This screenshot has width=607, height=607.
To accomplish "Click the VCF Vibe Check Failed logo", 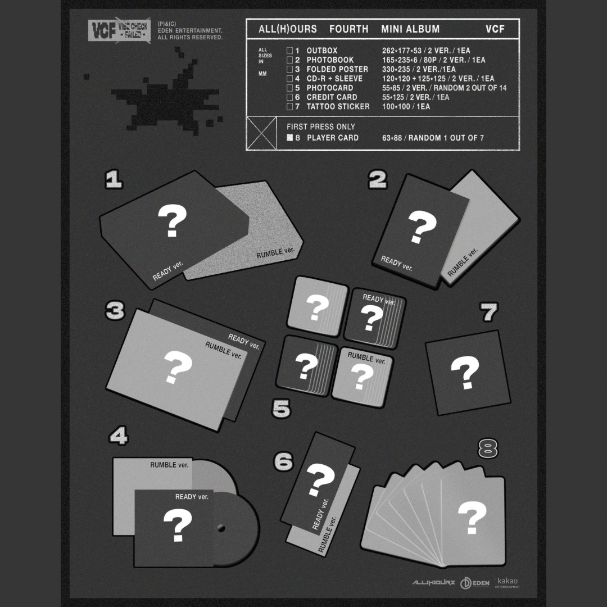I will [x=119, y=30].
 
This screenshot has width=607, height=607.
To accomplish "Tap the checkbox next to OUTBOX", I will [x=289, y=51].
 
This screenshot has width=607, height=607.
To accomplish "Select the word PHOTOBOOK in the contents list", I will [x=330, y=60].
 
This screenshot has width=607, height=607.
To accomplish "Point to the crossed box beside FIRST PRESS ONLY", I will [x=262, y=133].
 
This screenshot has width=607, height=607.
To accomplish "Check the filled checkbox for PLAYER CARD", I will [x=289, y=138].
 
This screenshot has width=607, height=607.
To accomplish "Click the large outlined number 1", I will [x=114, y=180].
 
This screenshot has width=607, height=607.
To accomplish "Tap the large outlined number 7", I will [x=490, y=312].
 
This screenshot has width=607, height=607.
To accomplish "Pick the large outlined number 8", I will [x=488, y=449].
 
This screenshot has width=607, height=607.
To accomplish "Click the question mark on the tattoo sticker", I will [x=465, y=372].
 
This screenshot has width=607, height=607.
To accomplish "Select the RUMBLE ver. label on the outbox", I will [x=276, y=251].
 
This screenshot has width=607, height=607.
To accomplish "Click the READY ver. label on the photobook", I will [x=396, y=263].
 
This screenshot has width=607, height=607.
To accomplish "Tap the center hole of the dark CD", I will [x=221, y=528].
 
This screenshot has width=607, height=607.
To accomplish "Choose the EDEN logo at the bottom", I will [x=475, y=583].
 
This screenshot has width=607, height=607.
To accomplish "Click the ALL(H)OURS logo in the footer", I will [x=433, y=583].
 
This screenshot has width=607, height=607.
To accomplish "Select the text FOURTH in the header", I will [x=348, y=29].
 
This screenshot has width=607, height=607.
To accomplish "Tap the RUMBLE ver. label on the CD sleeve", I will [x=169, y=465].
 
